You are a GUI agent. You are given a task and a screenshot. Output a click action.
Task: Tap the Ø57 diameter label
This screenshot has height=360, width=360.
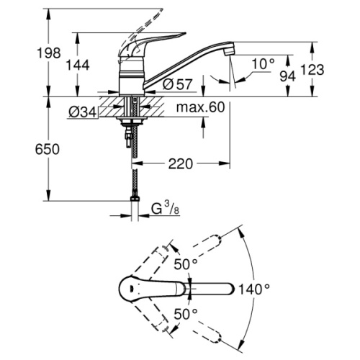177,84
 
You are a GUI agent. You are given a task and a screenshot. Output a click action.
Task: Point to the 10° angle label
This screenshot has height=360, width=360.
264,64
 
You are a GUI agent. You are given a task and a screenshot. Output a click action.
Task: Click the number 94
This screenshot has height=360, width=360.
288,74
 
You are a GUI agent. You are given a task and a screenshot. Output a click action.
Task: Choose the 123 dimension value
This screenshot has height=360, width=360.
332,69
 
